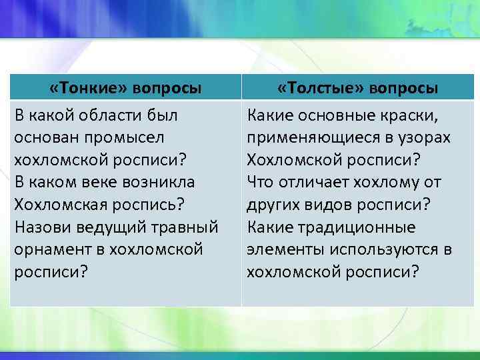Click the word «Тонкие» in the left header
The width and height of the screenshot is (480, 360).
tap(90, 88)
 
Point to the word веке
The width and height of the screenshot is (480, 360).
tap(95, 182)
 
